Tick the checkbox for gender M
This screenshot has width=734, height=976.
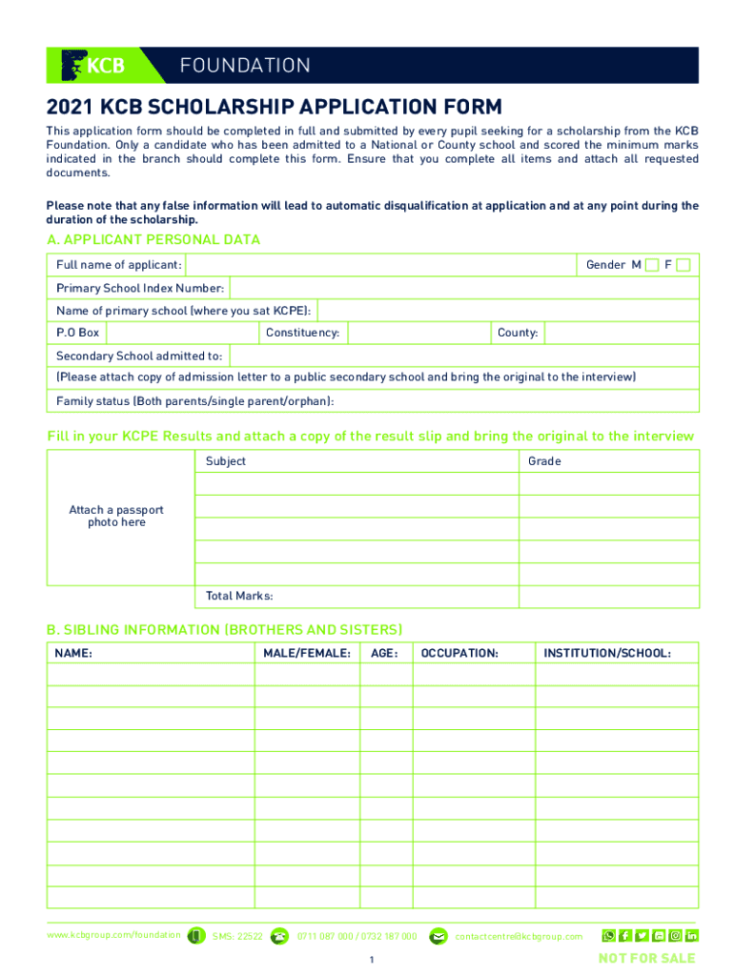point(652,265)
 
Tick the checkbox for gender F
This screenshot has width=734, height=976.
point(683,265)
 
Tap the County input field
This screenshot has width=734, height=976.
point(621,333)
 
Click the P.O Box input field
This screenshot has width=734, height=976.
point(181,333)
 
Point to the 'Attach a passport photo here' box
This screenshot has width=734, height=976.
point(116,517)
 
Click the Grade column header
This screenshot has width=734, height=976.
point(544,461)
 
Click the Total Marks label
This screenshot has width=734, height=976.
point(239,597)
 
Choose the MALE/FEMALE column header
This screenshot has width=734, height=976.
point(307,654)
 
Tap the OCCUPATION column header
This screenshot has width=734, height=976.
point(459,654)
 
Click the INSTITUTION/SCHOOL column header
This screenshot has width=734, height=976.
point(607,654)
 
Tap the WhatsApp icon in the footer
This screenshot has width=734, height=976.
point(608,936)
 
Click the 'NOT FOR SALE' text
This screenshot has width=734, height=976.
point(646,958)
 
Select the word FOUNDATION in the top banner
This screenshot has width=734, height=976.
point(245,66)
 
